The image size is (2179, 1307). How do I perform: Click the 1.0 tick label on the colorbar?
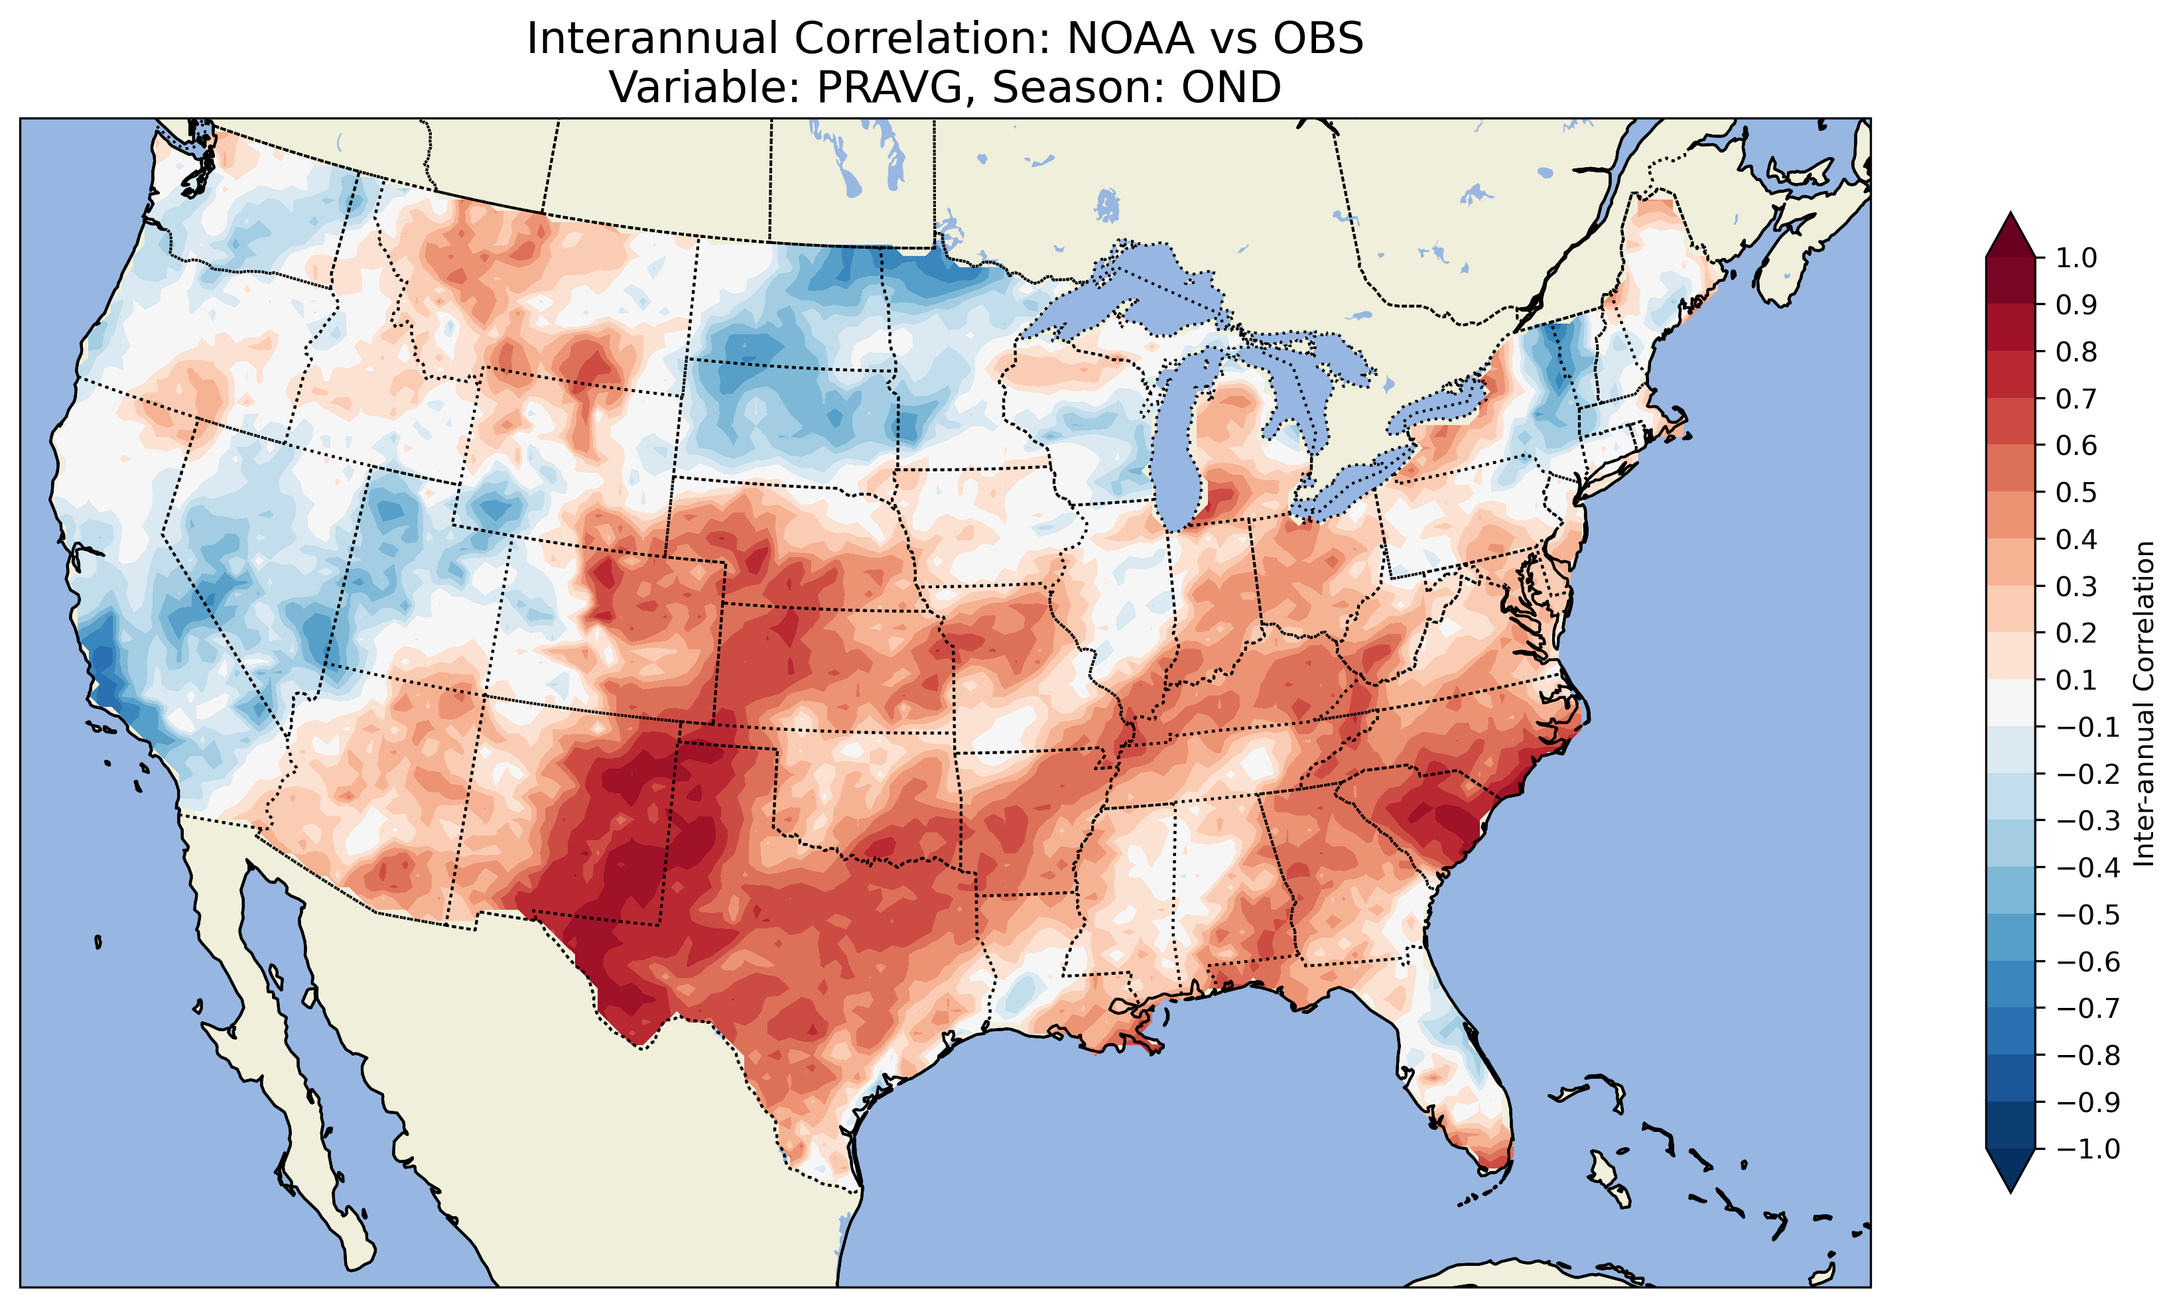click(2076, 258)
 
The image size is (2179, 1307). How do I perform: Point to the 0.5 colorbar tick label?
click(2076, 492)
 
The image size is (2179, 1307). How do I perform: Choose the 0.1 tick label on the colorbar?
click(2076, 680)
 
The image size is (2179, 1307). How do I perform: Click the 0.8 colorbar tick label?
click(2076, 352)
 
